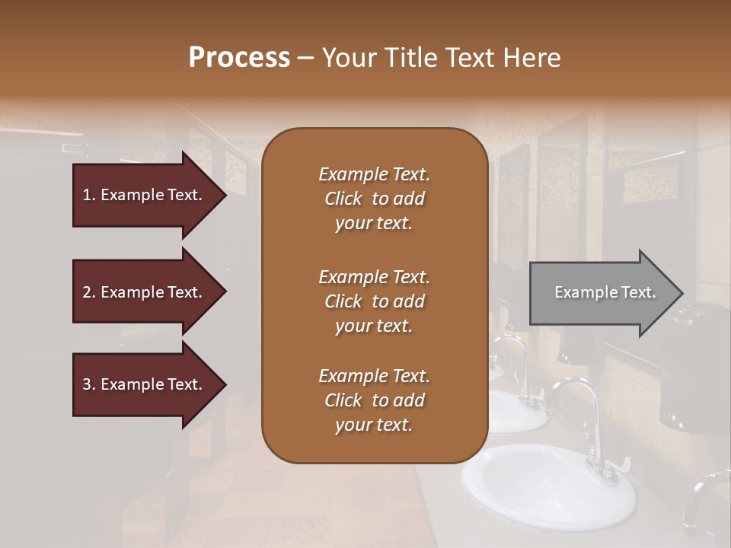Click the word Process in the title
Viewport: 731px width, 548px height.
239,58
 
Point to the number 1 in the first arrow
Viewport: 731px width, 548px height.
87,195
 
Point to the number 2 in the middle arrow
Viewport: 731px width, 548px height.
87,292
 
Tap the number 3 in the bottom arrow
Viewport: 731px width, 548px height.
87,384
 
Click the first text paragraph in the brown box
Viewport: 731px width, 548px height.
374,199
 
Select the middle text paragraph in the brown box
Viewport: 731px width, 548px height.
374,301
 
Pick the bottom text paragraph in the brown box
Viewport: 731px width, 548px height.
374,400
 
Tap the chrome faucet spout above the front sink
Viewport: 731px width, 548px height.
579,388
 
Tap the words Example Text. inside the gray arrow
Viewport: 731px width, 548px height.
605,292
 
